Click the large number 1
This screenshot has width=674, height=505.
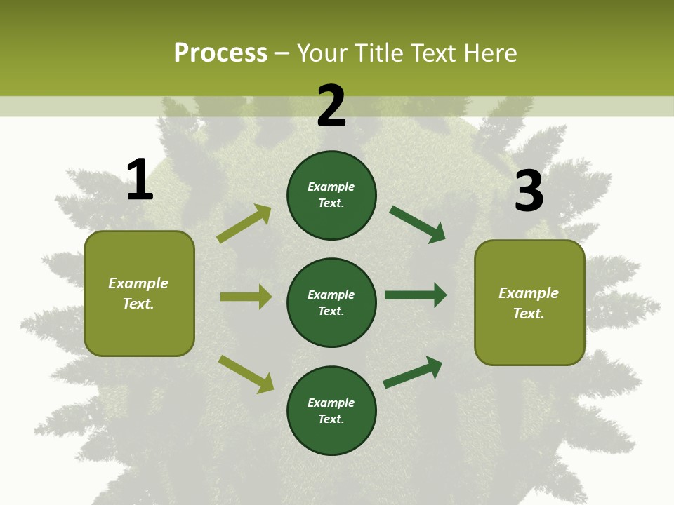pos(140,180)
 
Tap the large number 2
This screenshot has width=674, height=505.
pos(331,106)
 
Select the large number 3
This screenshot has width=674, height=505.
pos(529,191)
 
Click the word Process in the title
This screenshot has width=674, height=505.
pos(220,53)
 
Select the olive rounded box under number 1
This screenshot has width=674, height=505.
pos(139,293)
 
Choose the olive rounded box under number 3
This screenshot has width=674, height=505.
pos(529,302)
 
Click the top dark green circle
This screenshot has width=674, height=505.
pos(331,195)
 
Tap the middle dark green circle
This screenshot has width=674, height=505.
pos(331,302)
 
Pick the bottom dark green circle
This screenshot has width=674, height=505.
pos(331,410)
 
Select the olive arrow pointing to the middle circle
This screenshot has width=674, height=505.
pos(246,297)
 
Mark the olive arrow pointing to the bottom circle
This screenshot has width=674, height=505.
pos(246,374)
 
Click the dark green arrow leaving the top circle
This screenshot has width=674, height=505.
pos(417,224)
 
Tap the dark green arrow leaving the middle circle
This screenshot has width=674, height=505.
pos(415,295)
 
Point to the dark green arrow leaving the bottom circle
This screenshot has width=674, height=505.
pos(413,372)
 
